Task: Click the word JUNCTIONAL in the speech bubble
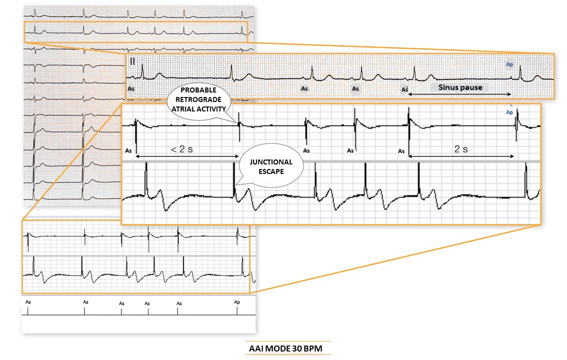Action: [x=272, y=163]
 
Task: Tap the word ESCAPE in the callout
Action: [x=272, y=171]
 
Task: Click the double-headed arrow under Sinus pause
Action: [x=459, y=94]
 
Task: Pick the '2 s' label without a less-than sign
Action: [x=460, y=149]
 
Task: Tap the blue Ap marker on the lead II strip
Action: [x=509, y=64]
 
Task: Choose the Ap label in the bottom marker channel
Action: [x=237, y=302]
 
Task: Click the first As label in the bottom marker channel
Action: [x=28, y=302]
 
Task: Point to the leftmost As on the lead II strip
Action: [x=131, y=88]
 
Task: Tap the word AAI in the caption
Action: [x=257, y=347]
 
